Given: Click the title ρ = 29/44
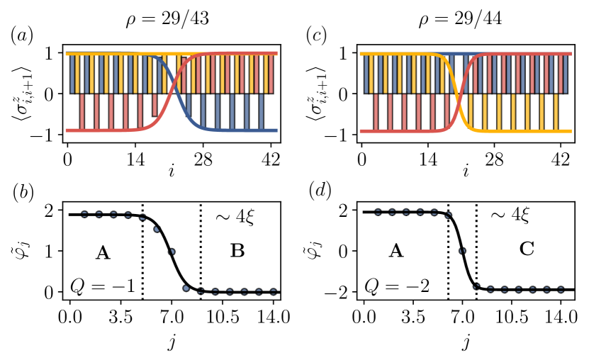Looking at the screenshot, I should click(462, 18).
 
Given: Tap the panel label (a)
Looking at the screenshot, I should click(22, 35).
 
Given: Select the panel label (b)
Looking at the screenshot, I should click(22, 193).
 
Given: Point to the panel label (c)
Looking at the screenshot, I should click(316, 35).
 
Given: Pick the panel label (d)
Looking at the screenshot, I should click(316, 193).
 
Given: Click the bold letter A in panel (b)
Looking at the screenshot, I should click(103, 252).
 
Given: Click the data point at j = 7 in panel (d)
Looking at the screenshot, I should click(462, 251).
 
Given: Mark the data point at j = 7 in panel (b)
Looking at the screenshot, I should click(171, 252).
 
